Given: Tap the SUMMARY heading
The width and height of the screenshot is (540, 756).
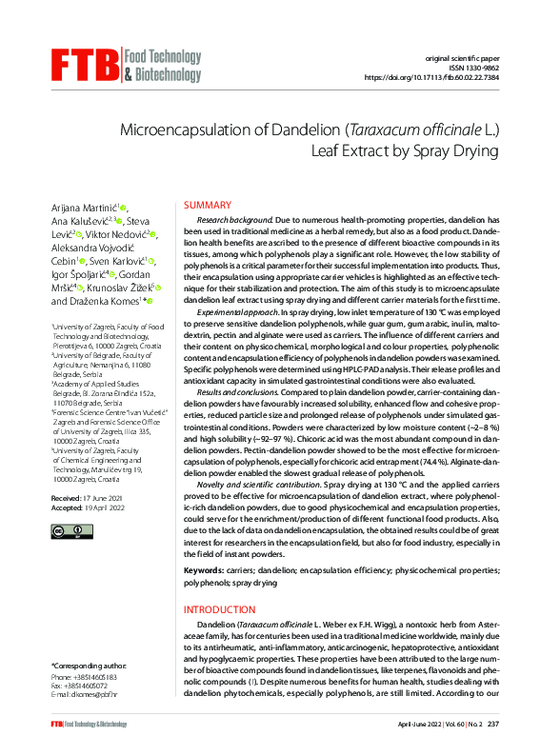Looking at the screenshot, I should (x=207, y=206).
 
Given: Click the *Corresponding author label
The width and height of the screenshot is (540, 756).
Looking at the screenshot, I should (x=88, y=665).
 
